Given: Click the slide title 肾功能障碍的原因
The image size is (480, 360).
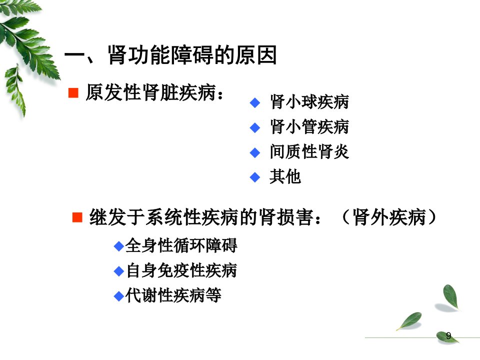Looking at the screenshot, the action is [192, 55].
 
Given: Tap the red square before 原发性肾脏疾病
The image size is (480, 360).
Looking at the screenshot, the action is [73, 93].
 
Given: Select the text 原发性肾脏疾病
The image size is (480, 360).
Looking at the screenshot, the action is [150, 92].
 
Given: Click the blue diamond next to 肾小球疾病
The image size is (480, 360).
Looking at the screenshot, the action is [255, 102].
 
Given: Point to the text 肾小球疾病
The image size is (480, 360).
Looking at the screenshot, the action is [309, 102].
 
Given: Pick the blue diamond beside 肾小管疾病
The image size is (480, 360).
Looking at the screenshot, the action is [255, 127].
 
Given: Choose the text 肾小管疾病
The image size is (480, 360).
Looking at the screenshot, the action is [309, 126].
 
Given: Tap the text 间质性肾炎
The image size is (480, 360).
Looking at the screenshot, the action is [309, 151].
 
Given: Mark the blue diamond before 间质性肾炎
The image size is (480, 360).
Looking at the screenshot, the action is [255, 152].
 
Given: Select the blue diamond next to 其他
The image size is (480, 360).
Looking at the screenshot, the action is [255, 177].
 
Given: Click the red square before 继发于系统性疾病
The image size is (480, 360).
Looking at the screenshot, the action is [77, 217].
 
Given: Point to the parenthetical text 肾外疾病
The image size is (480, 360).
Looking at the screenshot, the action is [389, 217].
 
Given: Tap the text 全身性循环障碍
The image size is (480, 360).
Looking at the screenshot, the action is [181, 245].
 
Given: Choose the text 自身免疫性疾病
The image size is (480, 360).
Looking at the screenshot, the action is [181, 270].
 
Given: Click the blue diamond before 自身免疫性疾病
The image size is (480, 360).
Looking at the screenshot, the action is [119, 271].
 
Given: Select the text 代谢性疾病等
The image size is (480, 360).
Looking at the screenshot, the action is [173, 295].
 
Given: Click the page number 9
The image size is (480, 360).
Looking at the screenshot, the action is [448, 336].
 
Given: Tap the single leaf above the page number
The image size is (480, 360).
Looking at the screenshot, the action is [450, 296].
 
